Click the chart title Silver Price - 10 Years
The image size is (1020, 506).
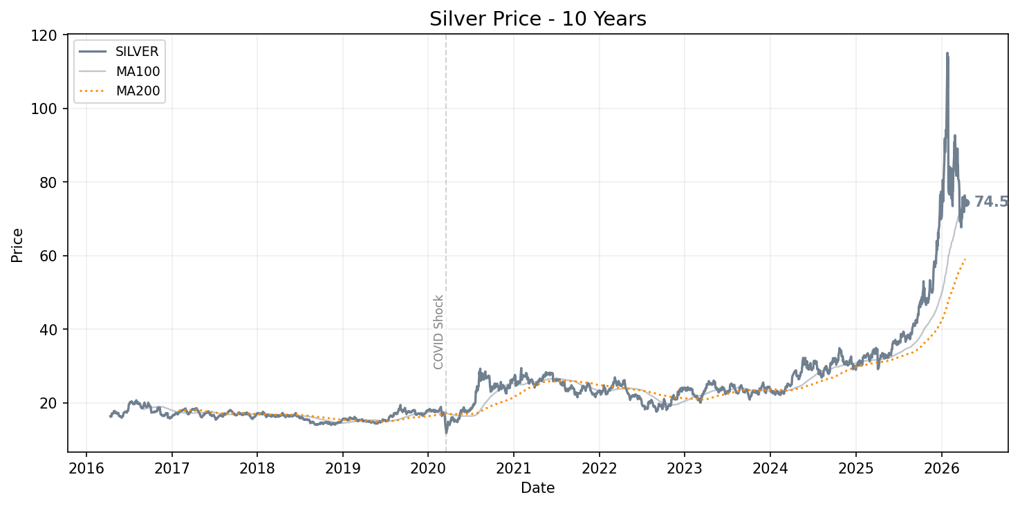click(537, 19)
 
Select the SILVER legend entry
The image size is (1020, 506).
click(137, 52)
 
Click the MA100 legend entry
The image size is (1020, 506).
click(138, 71)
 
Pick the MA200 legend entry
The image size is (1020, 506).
click(138, 91)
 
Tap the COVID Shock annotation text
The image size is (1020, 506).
click(438, 332)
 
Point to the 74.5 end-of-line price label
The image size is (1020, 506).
click(991, 202)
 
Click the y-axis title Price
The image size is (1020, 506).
click(17, 245)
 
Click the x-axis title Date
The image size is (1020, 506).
click(537, 488)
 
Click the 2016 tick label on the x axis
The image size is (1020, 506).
click(86, 468)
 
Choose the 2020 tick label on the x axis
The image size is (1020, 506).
click(427, 468)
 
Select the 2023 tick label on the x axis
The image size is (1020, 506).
click(684, 468)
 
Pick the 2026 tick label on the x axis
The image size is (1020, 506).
click(941, 468)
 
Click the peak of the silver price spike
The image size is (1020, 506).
click(947, 53)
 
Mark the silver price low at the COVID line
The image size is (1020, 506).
click(446, 433)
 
